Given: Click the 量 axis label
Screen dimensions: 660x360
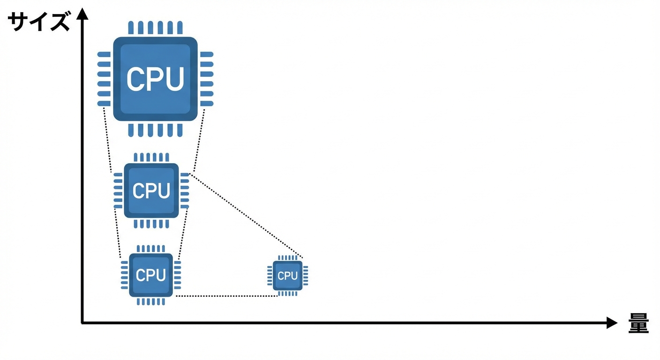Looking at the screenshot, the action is pyautogui.click(x=638, y=323).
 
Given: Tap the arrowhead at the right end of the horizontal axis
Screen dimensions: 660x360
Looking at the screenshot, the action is pyautogui.click(x=612, y=323).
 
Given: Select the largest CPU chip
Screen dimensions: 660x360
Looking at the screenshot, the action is pyautogui.click(x=155, y=79).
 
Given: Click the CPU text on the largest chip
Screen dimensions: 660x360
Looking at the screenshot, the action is pyautogui.click(x=155, y=79).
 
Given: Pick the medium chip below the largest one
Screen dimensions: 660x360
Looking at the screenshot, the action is pyautogui.click(x=151, y=191).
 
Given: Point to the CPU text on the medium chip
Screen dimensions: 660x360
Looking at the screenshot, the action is pyautogui.click(x=151, y=191).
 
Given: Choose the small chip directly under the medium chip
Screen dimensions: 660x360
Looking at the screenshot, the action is pyautogui.click(x=151, y=275).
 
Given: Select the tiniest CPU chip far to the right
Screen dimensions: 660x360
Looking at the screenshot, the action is pyautogui.click(x=287, y=276).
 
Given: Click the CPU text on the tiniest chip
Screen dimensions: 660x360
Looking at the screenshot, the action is pyautogui.click(x=287, y=276).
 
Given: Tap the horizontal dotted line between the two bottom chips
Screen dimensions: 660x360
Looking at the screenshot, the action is pyautogui.click(x=226, y=296).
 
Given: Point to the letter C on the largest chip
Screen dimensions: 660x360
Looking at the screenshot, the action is pyautogui.click(x=136, y=79).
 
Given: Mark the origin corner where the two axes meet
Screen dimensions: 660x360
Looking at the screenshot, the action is pyautogui.click(x=82, y=323).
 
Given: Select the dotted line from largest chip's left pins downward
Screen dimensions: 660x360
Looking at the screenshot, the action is pyautogui.click(x=107, y=140).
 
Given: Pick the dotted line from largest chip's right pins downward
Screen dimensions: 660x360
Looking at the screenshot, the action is pyautogui.click(x=199, y=140).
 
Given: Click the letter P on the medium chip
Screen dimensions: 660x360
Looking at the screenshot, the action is pyautogui.click(x=151, y=191).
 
